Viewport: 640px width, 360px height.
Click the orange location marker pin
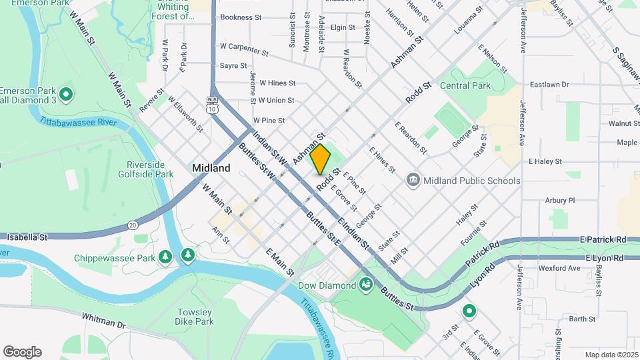point(321,159)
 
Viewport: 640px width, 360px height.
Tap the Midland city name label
point(211,169)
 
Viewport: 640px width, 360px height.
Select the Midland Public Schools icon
point(413,181)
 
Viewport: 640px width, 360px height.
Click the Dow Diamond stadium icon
point(365,285)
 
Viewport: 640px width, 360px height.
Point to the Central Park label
point(465,85)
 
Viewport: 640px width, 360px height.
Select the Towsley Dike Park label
point(195,317)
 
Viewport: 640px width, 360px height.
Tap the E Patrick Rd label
point(603,239)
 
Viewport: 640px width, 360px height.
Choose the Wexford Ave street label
point(560,268)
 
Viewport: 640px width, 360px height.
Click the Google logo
point(22,352)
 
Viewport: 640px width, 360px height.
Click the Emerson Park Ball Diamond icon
point(66,95)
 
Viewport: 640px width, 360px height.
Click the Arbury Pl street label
point(559,200)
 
